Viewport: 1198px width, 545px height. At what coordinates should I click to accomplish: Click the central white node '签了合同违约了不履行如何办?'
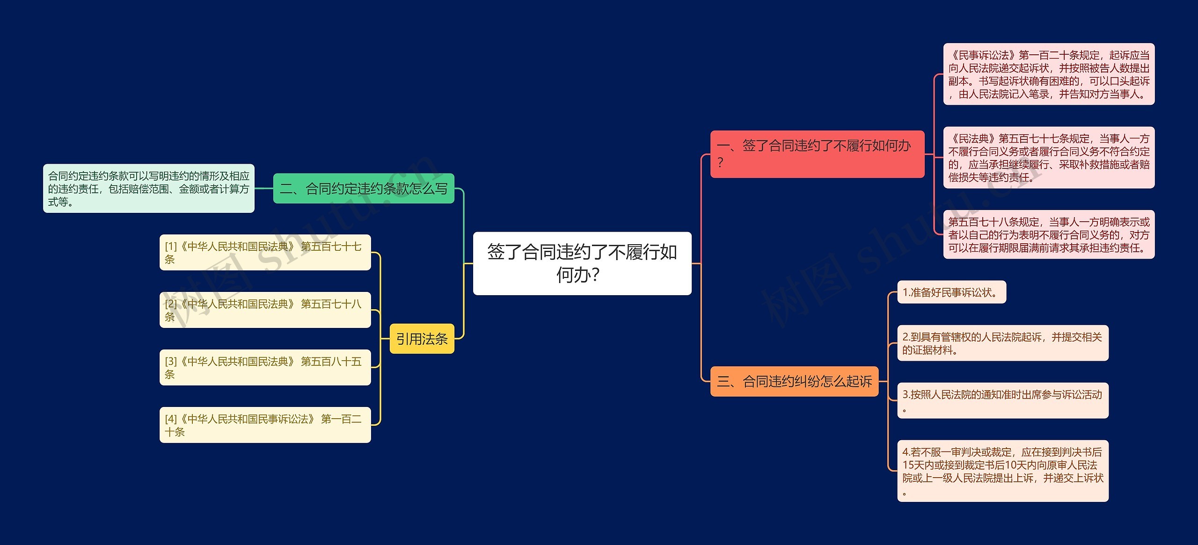tap(582, 263)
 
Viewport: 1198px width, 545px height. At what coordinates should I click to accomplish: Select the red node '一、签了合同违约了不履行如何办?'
tap(817, 154)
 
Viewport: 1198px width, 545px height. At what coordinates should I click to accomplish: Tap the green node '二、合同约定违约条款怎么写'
tap(363, 189)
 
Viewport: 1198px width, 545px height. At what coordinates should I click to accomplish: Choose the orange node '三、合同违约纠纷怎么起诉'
tap(794, 381)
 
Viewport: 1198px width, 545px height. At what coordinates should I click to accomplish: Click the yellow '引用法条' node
tap(422, 339)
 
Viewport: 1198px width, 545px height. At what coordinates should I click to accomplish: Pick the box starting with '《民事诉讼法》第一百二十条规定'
tap(1048, 74)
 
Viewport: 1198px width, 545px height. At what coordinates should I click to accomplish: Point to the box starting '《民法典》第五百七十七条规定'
tap(1048, 158)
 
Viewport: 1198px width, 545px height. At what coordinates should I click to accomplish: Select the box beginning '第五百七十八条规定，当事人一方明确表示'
tap(1048, 234)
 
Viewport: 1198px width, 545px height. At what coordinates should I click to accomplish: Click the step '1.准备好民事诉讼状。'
tap(951, 292)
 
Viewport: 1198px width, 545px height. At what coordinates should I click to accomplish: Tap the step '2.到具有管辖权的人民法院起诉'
tap(1002, 343)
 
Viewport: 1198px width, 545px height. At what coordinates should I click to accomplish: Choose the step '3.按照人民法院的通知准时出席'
tap(1002, 400)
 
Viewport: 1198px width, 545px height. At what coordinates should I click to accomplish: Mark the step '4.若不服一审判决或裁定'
tap(1002, 471)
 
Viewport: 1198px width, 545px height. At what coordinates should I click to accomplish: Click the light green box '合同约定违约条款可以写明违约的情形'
tap(148, 189)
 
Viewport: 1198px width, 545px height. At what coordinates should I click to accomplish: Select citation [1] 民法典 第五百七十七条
tap(265, 253)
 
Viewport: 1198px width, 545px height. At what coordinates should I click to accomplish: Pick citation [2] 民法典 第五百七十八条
tap(265, 310)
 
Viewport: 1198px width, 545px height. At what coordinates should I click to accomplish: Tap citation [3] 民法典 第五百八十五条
tap(265, 367)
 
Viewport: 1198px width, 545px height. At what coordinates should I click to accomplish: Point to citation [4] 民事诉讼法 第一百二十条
tap(265, 425)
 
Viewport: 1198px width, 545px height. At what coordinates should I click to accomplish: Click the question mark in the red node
tap(720, 163)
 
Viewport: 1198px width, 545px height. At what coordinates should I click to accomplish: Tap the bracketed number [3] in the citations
tap(171, 362)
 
